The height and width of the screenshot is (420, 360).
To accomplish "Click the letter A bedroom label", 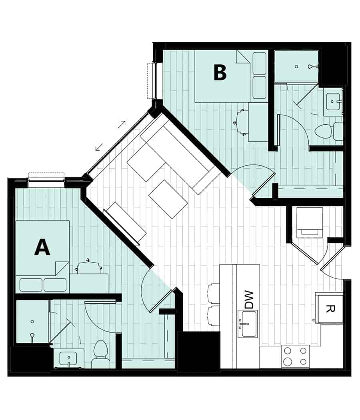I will (x=42, y=247).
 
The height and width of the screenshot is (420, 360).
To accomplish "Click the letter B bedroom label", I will (x=220, y=73).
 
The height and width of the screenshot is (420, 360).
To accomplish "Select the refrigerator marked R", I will (x=329, y=309).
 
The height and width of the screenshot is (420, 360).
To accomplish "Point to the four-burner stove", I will (x=295, y=356).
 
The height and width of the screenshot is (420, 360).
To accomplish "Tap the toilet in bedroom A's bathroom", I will (x=100, y=354).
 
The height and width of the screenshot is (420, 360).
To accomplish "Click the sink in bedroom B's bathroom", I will (x=333, y=103).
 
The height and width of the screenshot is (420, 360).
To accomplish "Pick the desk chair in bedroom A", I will (x=88, y=267).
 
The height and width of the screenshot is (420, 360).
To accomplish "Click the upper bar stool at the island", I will (x=214, y=294).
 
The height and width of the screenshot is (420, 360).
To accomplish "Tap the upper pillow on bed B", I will (x=260, y=63).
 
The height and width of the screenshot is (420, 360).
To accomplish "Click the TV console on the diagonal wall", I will (x=125, y=223).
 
